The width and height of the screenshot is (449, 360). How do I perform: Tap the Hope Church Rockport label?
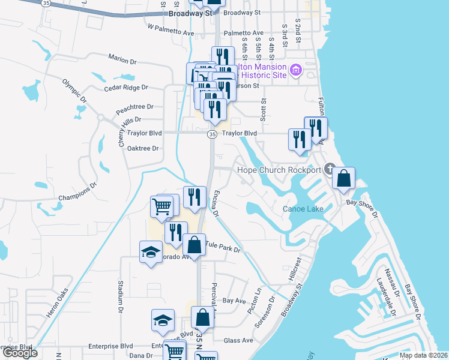[x=279, y=170]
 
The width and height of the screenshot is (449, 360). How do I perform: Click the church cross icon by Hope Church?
[x=329, y=169]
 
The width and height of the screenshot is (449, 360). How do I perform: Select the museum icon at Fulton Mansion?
[x=295, y=71]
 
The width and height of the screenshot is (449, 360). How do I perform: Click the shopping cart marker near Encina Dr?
[x=161, y=207]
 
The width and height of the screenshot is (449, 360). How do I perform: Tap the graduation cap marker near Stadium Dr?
[x=151, y=253]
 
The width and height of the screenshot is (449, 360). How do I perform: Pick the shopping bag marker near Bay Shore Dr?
[x=343, y=178]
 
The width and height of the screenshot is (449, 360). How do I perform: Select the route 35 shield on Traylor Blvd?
[x=212, y=134]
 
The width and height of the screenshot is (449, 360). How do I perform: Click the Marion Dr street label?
[x=123, y=58]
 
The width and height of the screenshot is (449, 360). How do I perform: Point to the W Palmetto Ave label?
[x=170, y=27]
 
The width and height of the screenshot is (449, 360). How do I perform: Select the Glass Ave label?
[x=238, y=340]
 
